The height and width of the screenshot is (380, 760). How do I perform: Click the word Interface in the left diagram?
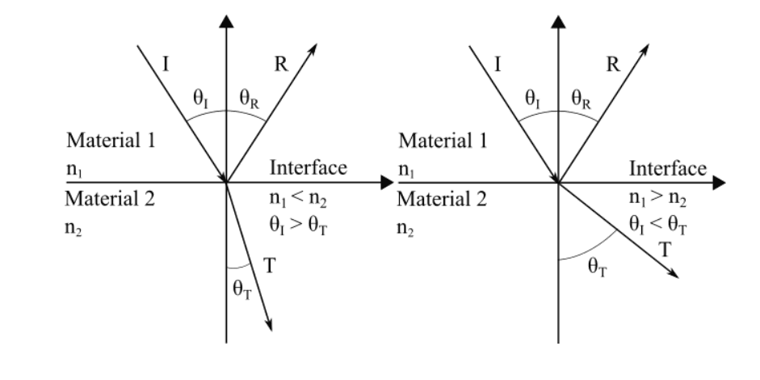(x=308, y=168)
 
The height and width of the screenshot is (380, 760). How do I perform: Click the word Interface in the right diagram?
(x=668, y=168)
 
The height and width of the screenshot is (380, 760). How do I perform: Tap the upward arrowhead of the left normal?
(x=227, y=20)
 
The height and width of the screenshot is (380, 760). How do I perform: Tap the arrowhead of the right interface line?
(x=719, y=183)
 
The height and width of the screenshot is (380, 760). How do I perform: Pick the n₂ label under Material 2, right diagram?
(x=407, y=228)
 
